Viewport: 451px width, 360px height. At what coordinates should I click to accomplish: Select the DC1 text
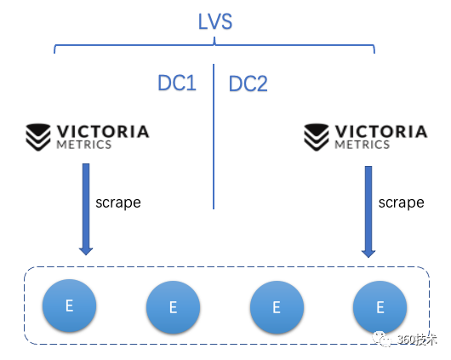pyautogui.click(x=177, y=83)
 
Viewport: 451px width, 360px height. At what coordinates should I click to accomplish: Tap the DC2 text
pyautogui.click(x=248, y=83)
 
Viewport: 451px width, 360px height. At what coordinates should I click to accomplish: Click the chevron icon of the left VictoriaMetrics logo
pyautogui.click(x=39, y=135)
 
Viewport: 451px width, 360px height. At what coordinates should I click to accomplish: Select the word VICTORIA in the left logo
pyautogui.click(x=102, y=131)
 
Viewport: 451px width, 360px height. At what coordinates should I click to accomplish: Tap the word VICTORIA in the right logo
pyautogui.click(x=380, y=131)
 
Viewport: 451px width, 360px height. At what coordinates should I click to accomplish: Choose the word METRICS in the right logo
pyautogui.click(x=362, y=145)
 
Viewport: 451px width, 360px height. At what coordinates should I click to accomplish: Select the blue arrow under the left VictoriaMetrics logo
pyautogui.click(x=86, y=209)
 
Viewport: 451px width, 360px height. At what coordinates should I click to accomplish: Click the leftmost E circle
pyautogui.click(x=69, y=305)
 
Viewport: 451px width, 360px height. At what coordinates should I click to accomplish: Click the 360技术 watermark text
pyautogui.click(x=417, y=339)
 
